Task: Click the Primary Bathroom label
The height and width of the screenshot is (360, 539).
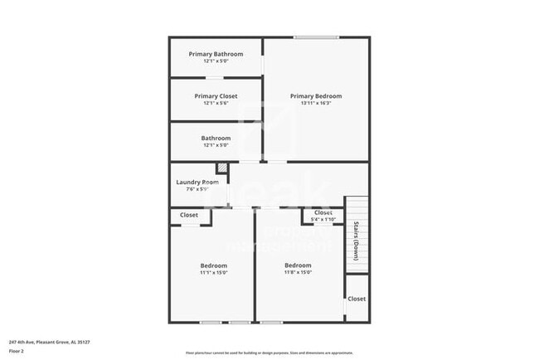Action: click(x=216, y=55)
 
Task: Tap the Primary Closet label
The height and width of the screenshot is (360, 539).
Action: click(x=216, y=96)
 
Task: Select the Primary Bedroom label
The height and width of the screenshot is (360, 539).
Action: click(x=315, y=96)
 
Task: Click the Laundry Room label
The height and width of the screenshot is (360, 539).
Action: click(x=197, y=182)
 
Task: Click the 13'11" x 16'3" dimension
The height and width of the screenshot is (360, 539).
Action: click(x=315, y=104)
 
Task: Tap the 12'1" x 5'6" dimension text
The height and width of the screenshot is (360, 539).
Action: click(x=216, y=104)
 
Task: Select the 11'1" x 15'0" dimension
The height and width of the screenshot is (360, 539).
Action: click(x=213, y=273)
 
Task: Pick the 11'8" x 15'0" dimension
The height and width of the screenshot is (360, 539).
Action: click(x=298, y=273)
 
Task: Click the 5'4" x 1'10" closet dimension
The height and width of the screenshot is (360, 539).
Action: click(x=323, y=220)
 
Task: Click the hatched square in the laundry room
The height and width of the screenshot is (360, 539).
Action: click(x=221, y=168)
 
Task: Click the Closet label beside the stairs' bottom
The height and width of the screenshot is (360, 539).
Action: click(x=357, y=299)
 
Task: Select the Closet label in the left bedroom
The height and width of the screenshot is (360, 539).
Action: click(x=189, y=215)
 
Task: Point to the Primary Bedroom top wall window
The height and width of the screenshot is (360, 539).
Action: click(x=316, y=36)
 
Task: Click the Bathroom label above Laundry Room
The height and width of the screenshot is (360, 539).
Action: click(x=216, y=138)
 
